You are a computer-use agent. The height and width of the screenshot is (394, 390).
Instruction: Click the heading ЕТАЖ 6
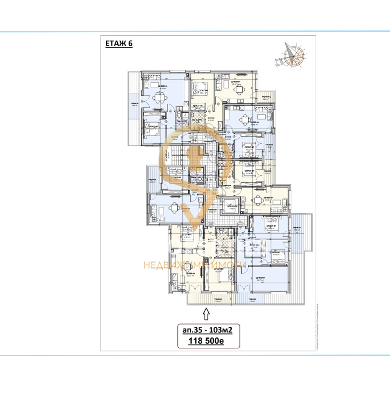[119, 43]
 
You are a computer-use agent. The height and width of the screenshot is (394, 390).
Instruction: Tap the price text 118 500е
[208, 341]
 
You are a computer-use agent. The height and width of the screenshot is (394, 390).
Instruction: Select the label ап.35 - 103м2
[209, 329]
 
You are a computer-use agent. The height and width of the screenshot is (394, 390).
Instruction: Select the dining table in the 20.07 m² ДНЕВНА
[239, 89]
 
